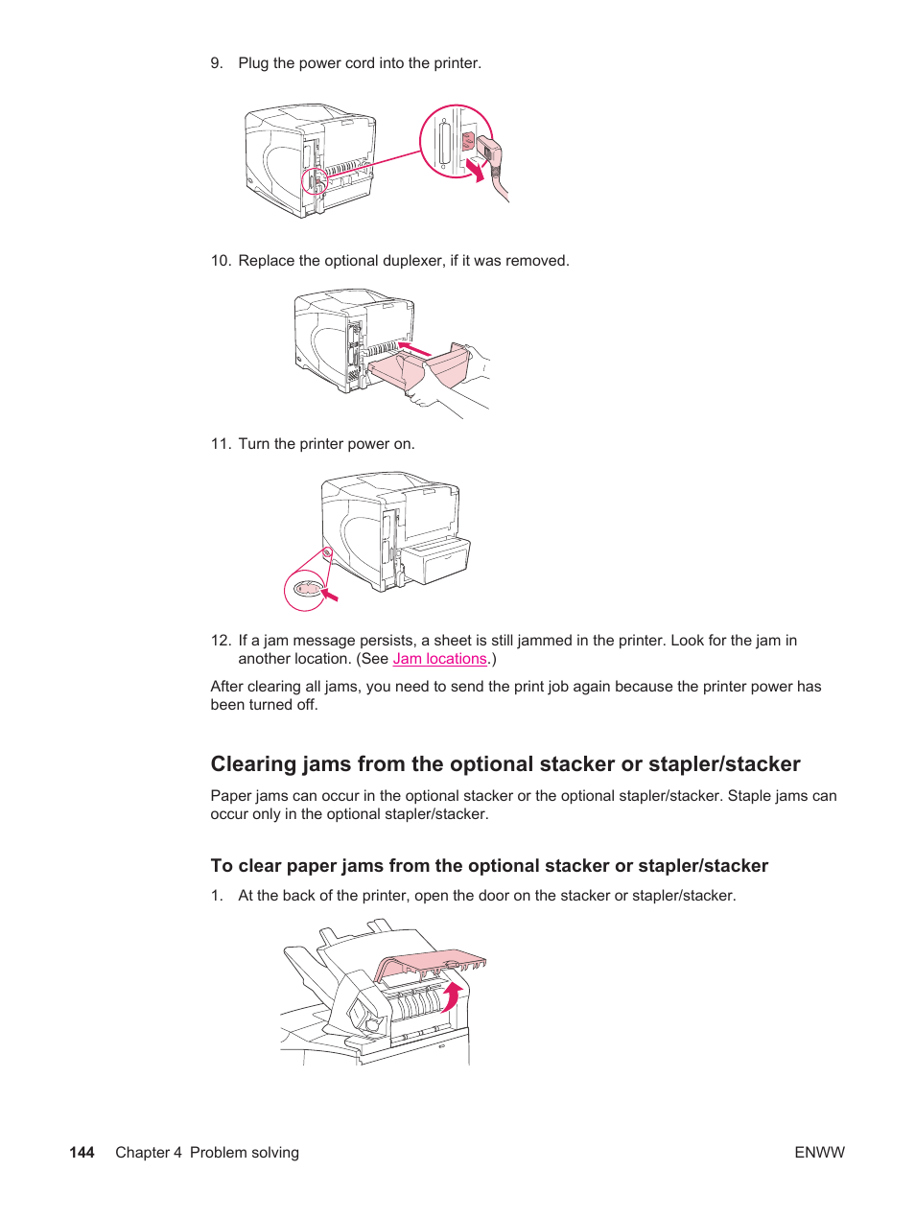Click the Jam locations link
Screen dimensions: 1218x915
click(x=439, y=659)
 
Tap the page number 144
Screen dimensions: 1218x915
click(x=82, y=1152)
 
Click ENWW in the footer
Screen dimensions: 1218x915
click(x=819, y=1152)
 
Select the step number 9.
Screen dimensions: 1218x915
click(x=217, y=63)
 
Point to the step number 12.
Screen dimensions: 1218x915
click(x=221, y=641)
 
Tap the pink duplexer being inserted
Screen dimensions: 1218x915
click(x=422, y=368)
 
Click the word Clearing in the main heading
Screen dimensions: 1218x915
click(x=253, y=764)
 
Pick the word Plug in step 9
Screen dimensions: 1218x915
click(x=253, y=63)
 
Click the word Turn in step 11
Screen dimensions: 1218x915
click(x=254, y=444)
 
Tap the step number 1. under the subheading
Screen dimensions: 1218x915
click(x=217, y=896)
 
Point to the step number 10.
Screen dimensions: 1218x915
click(x=221, y=261)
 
